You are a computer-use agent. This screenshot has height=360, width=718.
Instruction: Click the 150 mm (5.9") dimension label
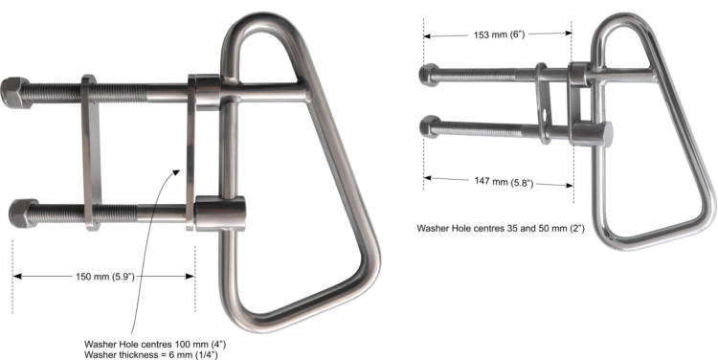105,277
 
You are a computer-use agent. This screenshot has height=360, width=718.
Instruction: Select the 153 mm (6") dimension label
499,34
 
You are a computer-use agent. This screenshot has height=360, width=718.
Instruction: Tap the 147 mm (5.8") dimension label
505,182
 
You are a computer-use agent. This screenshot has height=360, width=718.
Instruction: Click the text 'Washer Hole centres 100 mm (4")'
155,344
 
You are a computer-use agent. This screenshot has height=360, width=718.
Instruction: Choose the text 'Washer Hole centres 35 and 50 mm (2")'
501,228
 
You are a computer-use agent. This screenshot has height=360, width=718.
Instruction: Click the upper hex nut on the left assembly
15,92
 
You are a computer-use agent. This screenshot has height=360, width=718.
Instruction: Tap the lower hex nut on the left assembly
23,213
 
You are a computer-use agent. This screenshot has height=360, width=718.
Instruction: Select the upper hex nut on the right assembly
429,75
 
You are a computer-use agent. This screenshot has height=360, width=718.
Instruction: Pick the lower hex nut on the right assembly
430,126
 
